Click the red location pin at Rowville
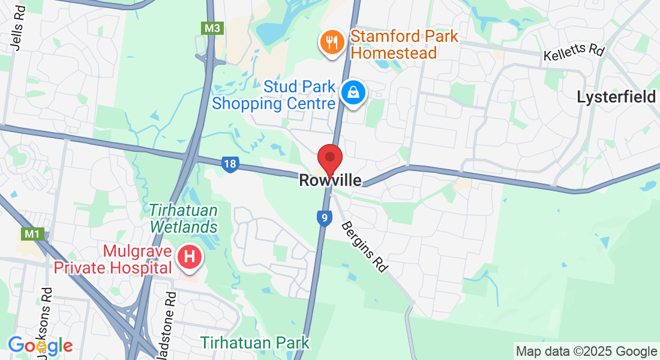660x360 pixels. pos(329,158)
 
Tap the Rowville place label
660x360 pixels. pos(330,180)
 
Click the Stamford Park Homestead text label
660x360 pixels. pos(404,44)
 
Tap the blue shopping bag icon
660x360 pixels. pos(353,92)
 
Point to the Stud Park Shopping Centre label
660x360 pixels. pos(274,95)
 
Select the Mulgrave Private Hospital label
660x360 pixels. pos(113,259)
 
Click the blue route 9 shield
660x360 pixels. pos(323,218)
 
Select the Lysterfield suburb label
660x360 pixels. pos(616,97)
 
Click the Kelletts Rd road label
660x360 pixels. pos(574,53)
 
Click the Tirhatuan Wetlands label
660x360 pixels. pos(184,219)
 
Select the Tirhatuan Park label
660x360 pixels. pos(255,343)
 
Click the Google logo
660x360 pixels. pos(40,346)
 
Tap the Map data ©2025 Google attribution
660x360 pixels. pos(586,352)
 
